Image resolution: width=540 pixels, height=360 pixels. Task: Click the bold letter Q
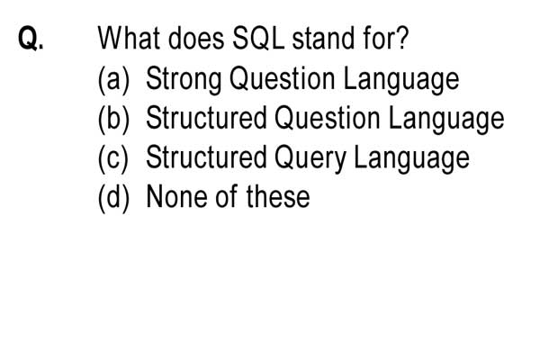pos(28,38)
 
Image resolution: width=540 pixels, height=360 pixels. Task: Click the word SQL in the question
pos(258,38)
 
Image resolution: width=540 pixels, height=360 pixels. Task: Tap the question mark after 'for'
pos(401,38)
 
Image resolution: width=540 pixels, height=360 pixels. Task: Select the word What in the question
pos(129,38)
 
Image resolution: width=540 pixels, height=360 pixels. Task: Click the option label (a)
pos(113,79)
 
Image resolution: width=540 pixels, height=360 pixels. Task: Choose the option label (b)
pos(113,119)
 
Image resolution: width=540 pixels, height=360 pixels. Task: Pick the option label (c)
pos(113,158)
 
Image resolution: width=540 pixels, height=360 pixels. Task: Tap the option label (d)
pos(113,198)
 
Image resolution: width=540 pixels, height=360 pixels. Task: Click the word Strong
pos(184,79)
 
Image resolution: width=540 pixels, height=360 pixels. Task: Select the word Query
pos(310,158)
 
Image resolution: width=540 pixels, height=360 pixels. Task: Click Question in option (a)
pos(282,78)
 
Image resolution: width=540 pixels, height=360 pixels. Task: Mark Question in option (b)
pos(328,118)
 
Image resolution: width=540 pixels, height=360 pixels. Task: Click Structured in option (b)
pos(207,118)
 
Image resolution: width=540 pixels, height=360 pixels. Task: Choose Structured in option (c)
pos(207,157)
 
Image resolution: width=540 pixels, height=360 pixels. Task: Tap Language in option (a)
pos(401,79)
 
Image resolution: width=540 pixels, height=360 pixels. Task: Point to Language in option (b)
pos(446,119)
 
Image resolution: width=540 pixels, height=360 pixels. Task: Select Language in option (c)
pos(412,158)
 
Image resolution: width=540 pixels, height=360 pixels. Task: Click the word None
pos(177,196)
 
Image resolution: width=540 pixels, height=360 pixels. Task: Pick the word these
pos(278,196)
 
